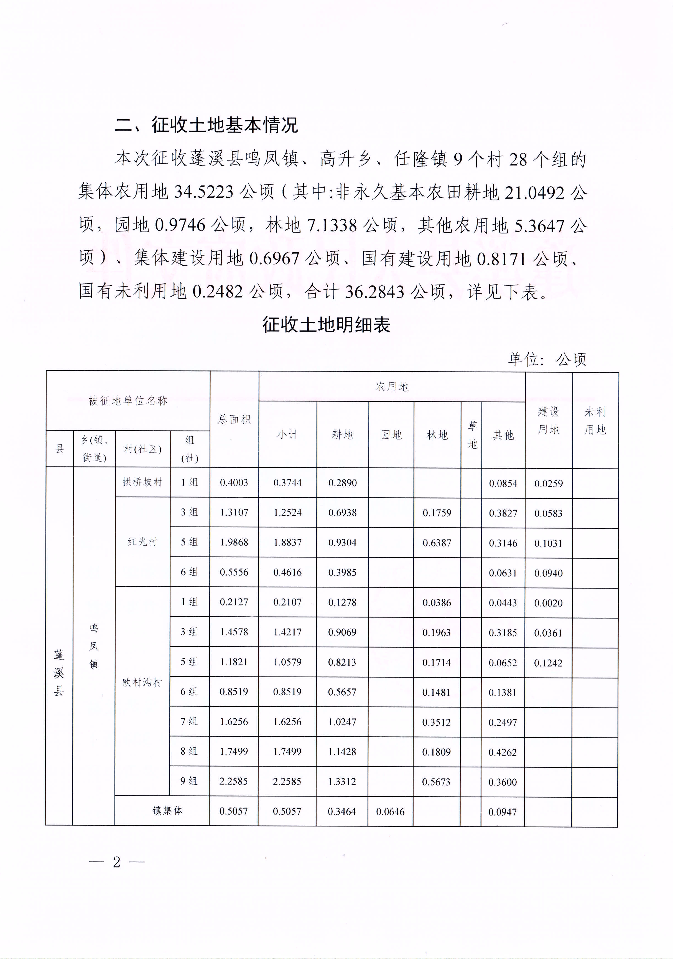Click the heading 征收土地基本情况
coord(207,125)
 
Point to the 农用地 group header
coord(392,387)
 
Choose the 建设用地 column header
coord(548,420)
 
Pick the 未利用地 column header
coord(595,420)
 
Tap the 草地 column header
coord(472,435)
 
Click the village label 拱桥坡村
coord(142,482)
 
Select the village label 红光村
coord(142,542)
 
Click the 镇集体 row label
coord(167,811)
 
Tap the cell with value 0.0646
coord(390,811)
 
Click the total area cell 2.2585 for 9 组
coord(233,781)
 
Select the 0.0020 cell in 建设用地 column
coord(548,603)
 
